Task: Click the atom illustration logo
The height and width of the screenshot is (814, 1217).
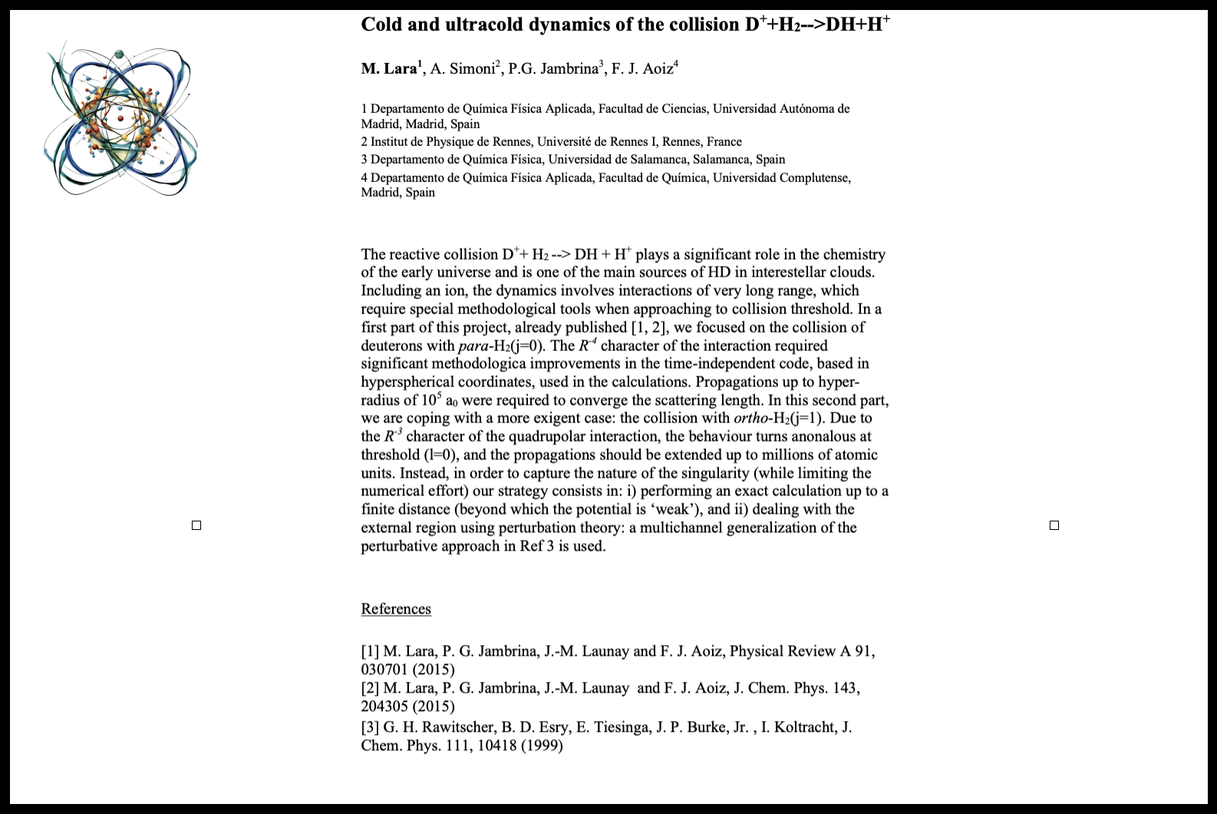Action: [x=121, y=122]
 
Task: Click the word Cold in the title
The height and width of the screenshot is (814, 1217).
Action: [x=381, y=25]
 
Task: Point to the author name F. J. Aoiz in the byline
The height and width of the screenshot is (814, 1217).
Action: [x=642, y=68]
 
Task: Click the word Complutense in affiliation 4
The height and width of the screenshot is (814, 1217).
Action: [x=815, y=177]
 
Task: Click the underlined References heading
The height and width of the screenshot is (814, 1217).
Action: [x=396, y=609]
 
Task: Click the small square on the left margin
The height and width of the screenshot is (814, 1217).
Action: [x=196, y=525]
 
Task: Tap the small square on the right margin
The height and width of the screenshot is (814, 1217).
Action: [x=1054, y=525]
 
